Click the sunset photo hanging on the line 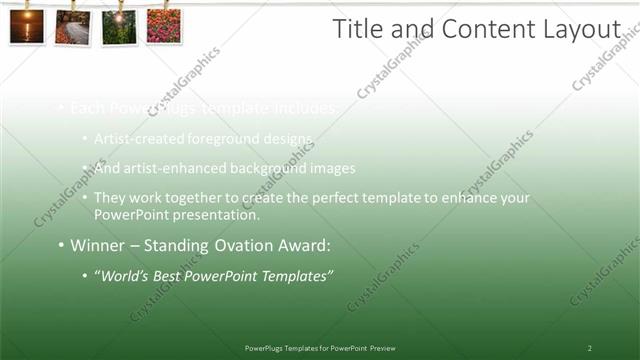(27, 26)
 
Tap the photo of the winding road (72, 26)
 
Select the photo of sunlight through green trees (118, 27)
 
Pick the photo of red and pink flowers (163, 26)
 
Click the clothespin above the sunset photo (27, 5)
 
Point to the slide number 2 (589, 348)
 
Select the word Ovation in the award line (233, 245)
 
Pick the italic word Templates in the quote (295, 275)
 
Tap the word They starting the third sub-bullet (110, 198)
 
